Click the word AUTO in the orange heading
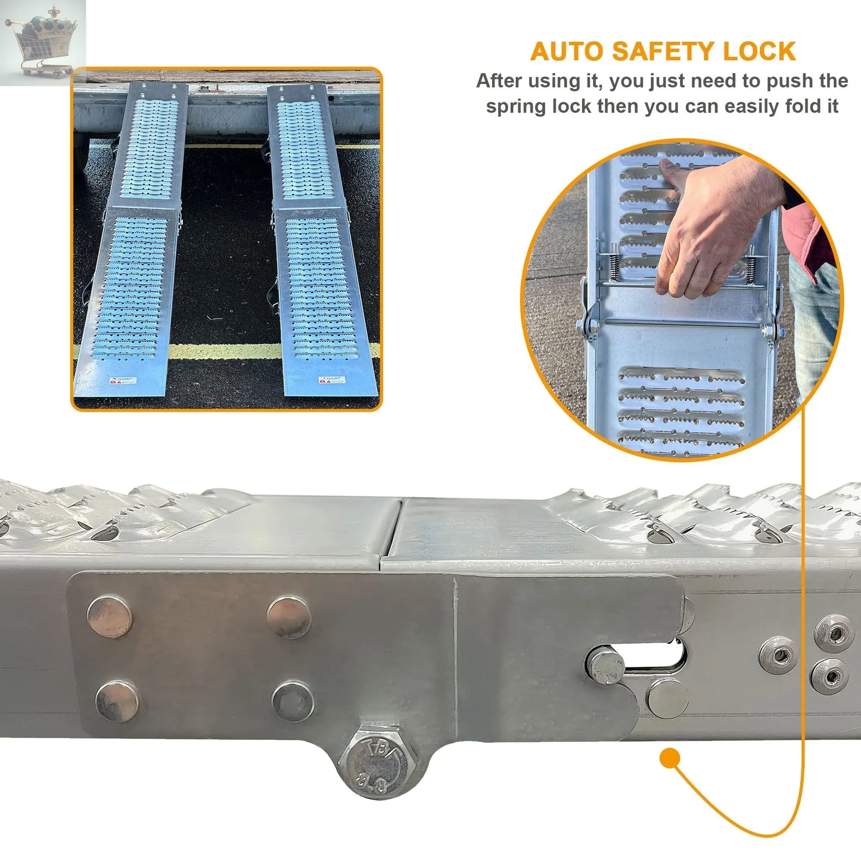(x=567, y=52)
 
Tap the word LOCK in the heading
(x=759, y=52)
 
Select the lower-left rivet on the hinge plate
(x=118, y=700)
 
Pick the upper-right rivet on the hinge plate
(x=289, y=616)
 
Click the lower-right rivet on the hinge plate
(x=293, y=701)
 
